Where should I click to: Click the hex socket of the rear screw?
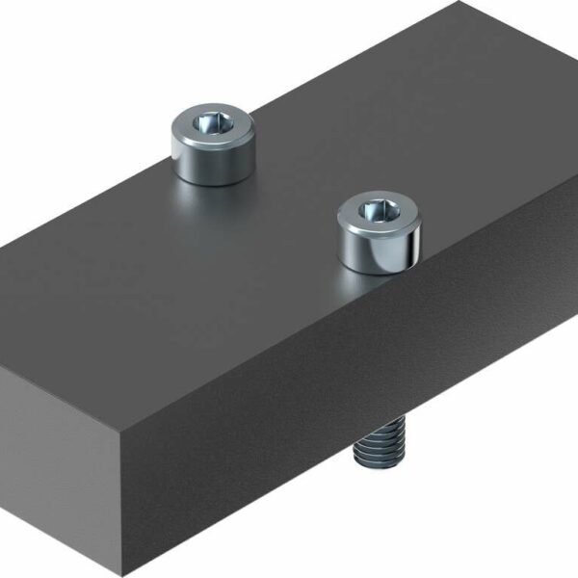pyautogui.click(x=211, y=123)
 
